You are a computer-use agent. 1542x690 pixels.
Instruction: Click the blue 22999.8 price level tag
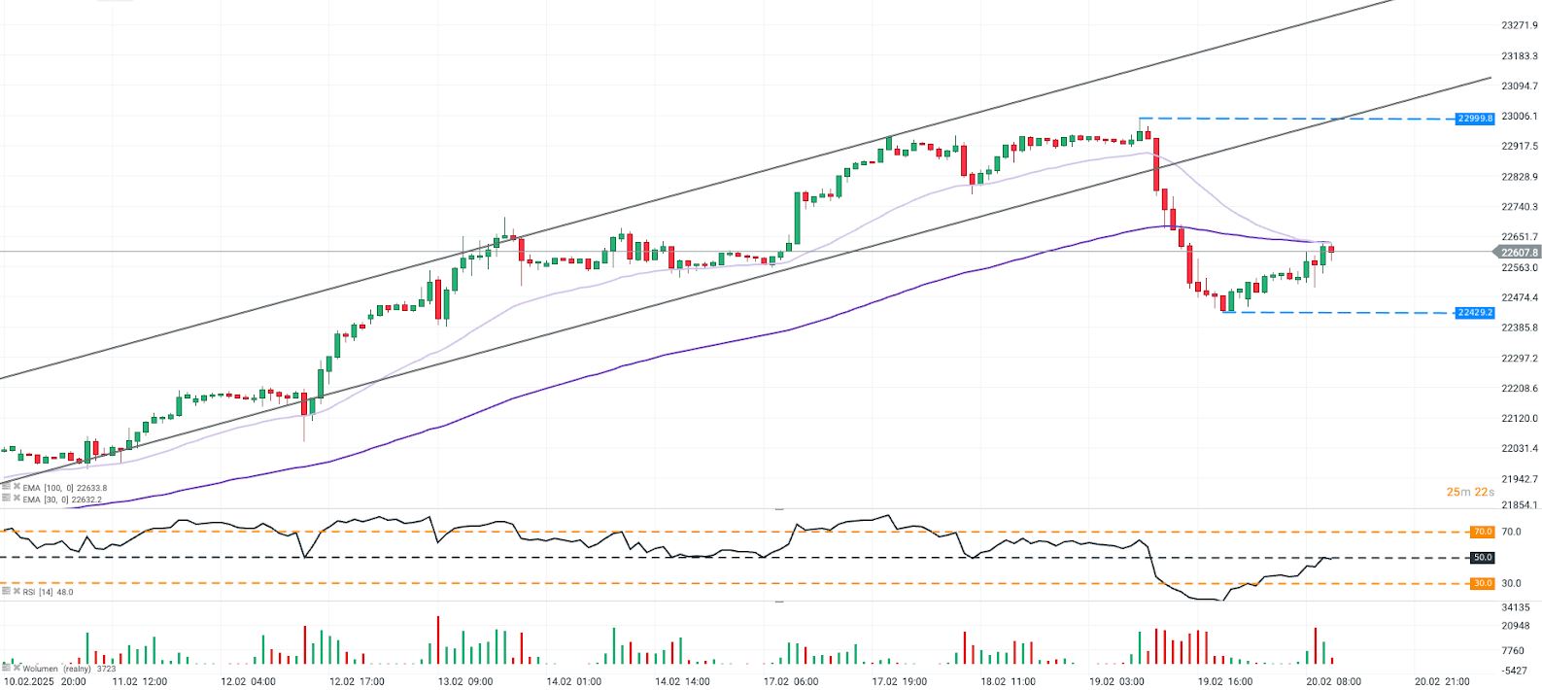pos(1474,119)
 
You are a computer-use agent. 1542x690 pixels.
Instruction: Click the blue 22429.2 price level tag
pos(1474,313)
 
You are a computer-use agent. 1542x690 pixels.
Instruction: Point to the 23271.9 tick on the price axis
pos(1519,25)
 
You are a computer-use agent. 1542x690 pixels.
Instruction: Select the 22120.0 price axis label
pos(1519,419)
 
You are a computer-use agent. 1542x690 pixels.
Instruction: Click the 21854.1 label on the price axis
pos(1519,504)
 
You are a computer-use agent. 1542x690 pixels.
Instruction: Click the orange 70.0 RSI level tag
pos(1482,532)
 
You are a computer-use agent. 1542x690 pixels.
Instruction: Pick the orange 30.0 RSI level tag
pos(1482,583)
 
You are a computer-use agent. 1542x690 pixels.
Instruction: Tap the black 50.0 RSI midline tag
pos(1482,558)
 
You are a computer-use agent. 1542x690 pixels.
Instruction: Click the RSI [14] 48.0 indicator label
pos(48,592)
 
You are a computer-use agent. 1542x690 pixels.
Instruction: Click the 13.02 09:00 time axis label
pos(465,681)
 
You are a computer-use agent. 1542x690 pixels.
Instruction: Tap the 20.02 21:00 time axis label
pos(1442,681)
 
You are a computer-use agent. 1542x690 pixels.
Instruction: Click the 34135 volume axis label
pos(1516,607)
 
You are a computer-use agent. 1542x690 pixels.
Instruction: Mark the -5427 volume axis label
pos(1516,671)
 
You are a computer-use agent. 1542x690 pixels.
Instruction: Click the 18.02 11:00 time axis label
pos(1008,681)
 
